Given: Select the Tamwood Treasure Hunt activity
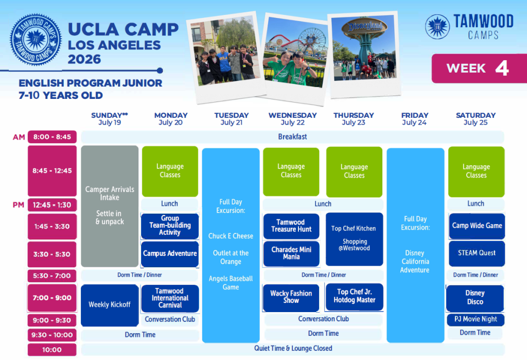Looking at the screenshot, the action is coord(291,226).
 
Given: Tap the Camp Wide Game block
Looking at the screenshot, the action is coord(477,226).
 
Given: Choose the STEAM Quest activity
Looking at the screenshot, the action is coord(477,253).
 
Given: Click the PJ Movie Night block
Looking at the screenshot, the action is coord(476,319).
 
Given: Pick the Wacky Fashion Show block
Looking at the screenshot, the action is coord(291,297).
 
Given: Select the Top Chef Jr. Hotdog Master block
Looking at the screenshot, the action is coord(354,297).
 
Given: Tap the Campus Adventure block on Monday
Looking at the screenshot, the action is coord(170,254).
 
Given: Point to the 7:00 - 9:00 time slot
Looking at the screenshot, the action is coord(52,298).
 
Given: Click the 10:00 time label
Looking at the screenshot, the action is coord(52,350).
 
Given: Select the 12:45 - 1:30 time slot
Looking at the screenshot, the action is coord(52,205).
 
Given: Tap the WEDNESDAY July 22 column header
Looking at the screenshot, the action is coord(292,119).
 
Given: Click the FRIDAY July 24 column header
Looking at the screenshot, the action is coord(415,119).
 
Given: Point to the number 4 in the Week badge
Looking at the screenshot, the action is coord(502,68).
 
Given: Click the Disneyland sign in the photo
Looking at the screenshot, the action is coord(365,26).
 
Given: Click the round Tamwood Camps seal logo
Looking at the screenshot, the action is coord(36,40).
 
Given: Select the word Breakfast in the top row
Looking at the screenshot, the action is coord(292,137).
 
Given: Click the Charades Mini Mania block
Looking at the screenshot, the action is coord(291,253).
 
